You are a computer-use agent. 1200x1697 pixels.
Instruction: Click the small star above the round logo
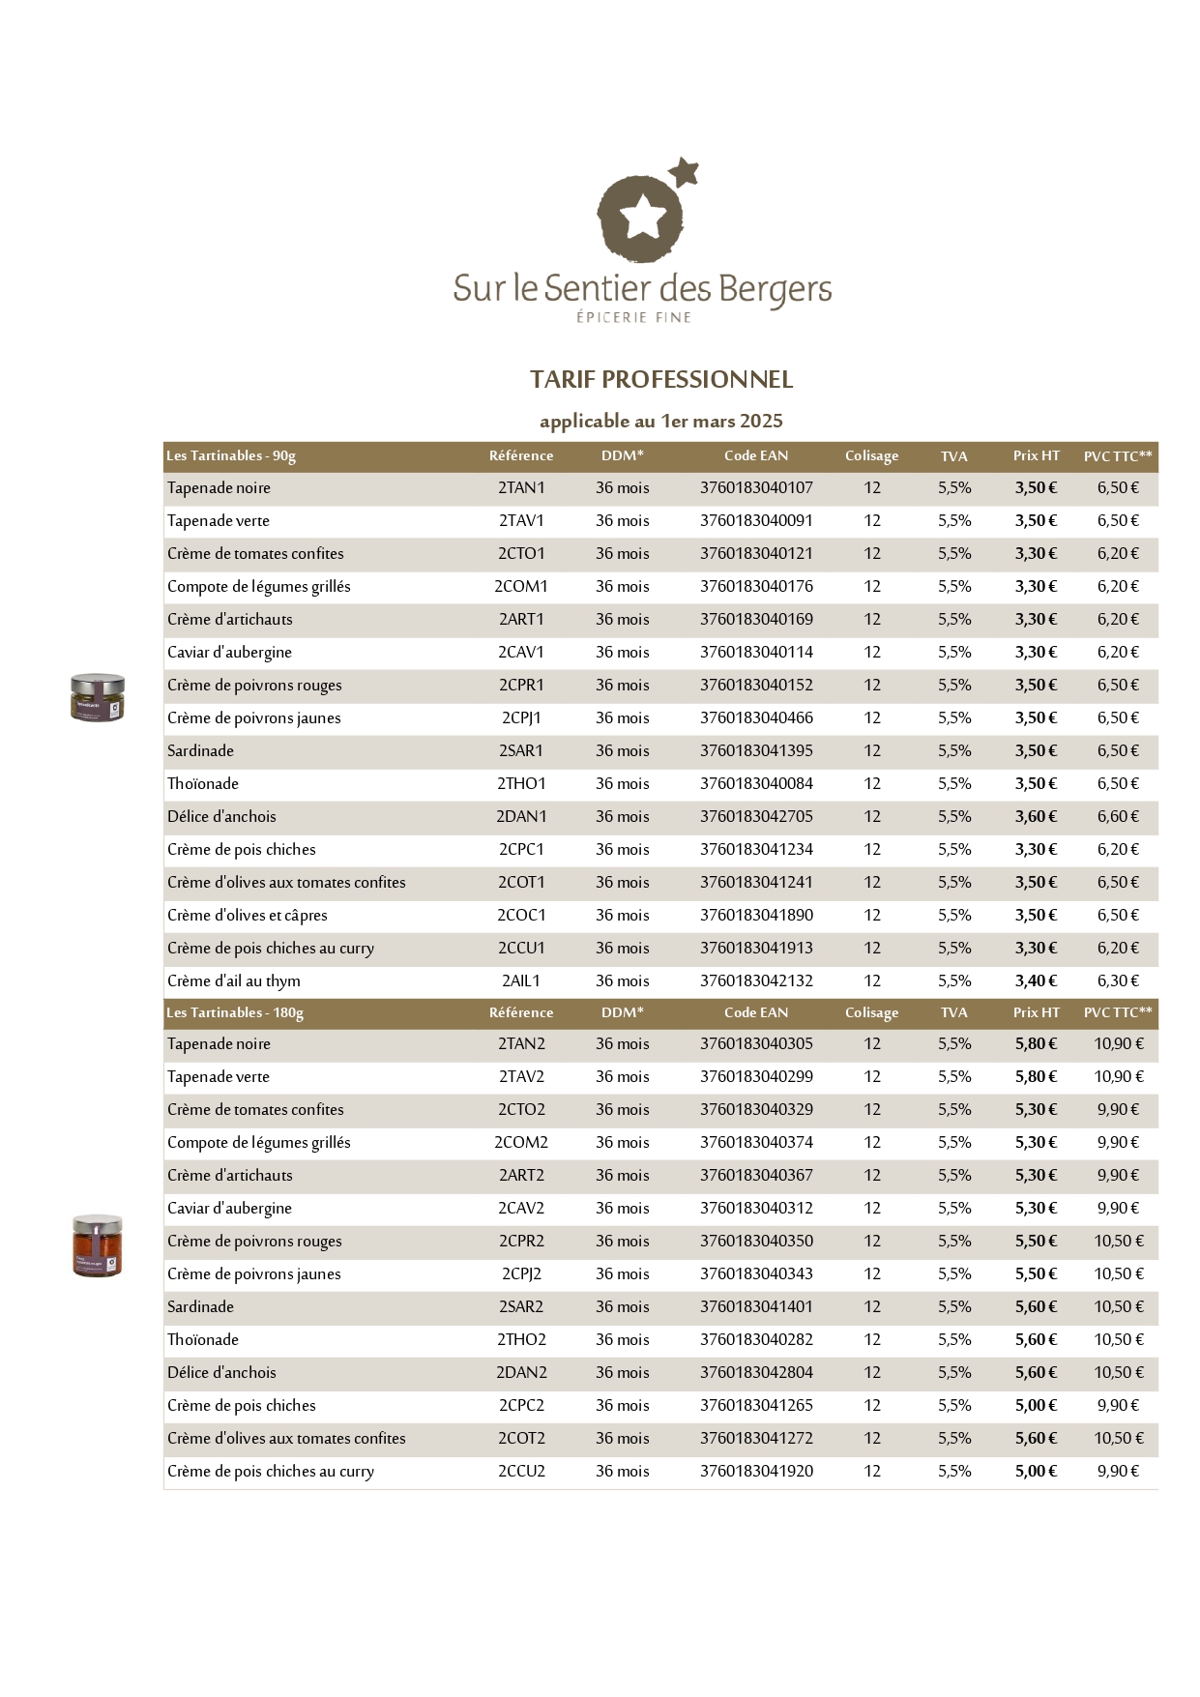click(685, 172)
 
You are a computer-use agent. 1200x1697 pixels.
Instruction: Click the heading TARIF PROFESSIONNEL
click(661, 380)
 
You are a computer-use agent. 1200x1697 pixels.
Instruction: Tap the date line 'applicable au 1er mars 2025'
click(661, 421)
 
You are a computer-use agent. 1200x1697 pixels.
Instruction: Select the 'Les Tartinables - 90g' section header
click(231, 455)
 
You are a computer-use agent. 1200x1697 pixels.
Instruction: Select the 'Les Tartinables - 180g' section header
click(235, 1012)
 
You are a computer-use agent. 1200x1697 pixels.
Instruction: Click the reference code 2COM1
click(521, 586)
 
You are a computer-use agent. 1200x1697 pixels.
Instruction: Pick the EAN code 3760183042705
click(756, 816)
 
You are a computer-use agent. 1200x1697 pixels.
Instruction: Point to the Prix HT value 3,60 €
click(1036, 816)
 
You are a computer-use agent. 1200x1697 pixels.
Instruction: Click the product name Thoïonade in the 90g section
click(203, 783)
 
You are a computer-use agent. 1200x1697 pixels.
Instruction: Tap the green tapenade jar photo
click(98, 697)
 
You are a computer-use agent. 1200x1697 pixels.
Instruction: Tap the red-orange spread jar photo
click(98, 1245)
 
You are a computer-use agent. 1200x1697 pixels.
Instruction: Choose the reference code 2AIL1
click(521, 980)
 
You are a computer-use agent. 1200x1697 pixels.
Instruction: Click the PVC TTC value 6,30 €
click(1118, 980)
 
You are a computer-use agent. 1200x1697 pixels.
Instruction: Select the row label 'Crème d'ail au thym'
click(234, 980)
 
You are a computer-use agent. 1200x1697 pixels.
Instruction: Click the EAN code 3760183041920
click(756, 1471)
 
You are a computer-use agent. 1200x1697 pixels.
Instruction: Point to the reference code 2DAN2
click(521, 1372)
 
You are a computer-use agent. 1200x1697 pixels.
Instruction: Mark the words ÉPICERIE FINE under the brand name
click(633, 317)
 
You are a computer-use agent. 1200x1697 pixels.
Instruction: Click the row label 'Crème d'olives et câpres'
click(248, 915)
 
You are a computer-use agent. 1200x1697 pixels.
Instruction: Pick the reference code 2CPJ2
click(521, 1273)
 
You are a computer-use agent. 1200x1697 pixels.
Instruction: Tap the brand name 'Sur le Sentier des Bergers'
click(642, 288)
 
